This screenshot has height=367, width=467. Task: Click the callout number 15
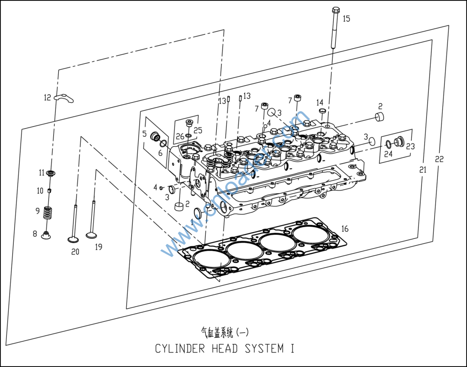tap(347, 19)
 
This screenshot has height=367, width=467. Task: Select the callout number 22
tap(439, 159)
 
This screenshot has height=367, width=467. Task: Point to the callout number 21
tap(423, 170)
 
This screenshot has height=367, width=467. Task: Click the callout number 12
tap(47, 97)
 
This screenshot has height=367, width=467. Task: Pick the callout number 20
tap(75, 251)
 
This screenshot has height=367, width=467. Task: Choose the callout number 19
tap(99, 247)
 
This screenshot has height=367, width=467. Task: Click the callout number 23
tap(410, 146)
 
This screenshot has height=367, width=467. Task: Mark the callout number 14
tap(320, 102)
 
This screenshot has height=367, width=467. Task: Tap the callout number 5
tap(144, 134)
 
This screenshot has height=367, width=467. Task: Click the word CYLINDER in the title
tap(180, 349)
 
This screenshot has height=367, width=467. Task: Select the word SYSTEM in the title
tap(264, 349)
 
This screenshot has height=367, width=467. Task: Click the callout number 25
tap(198, 130)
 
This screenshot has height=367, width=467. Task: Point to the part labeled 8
tap(46, 235)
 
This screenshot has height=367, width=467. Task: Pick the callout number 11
tap(42, 173)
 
